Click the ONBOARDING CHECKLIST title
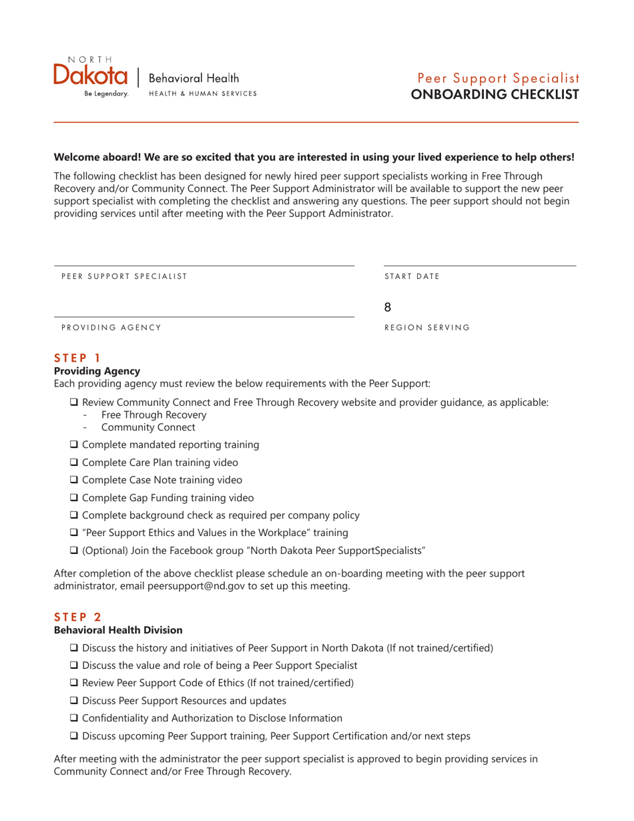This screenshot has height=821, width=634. tap(495, 94)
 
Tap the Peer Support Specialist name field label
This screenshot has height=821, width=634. tap(124, 276)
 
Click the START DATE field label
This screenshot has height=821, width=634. tap(412, 276)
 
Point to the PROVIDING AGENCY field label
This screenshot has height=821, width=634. tap(111, 327)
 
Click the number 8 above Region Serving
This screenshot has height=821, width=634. tap(388, 308)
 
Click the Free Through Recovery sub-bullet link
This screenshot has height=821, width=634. tap(153, 415)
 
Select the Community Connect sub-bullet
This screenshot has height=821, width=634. tap(148, 427)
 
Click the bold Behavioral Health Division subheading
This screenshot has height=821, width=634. tap(117, 630)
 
